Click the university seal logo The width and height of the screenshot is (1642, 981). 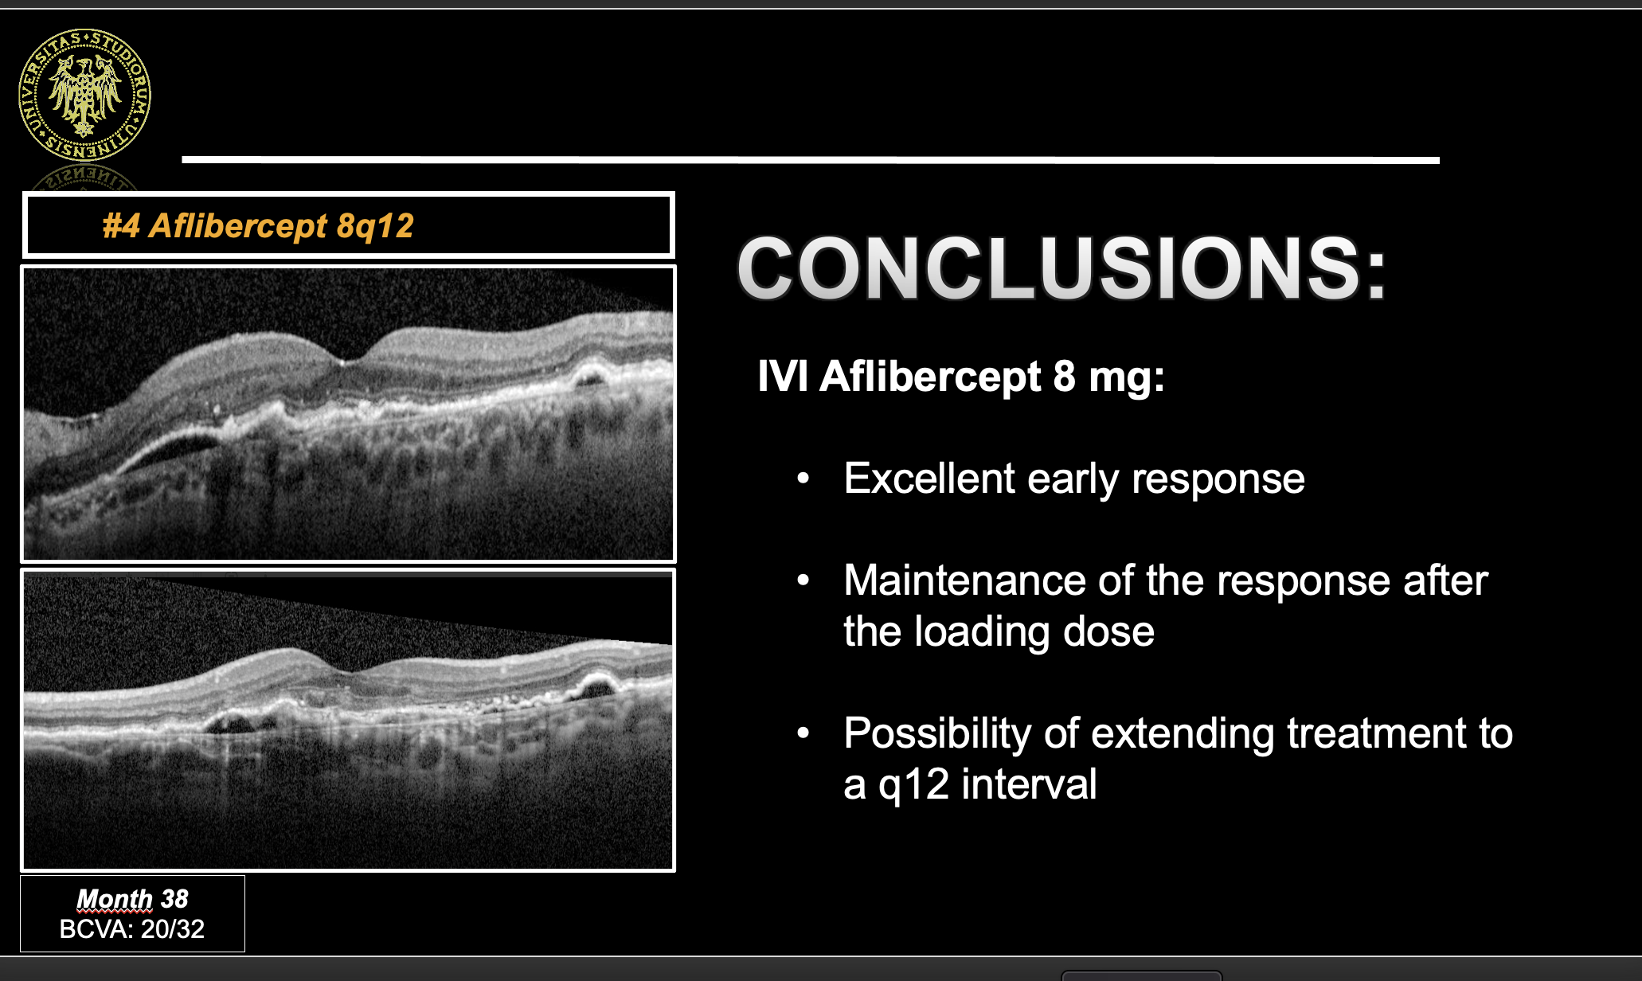point(84,96)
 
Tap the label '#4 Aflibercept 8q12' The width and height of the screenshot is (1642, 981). point(258,226)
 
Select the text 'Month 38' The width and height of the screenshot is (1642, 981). point(132,899)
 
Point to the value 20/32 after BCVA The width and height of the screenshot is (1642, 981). point(173,929)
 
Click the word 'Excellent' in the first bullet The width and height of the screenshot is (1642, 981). point(929,479)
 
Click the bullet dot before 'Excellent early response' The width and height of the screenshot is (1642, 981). point(803,479)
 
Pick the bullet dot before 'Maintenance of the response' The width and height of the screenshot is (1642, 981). point(803,581)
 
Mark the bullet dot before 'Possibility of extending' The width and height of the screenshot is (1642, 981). point(803,733)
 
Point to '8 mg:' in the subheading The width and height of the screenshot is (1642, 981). point(1109,376)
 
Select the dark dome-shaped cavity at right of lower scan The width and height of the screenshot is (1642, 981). point(596,688)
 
